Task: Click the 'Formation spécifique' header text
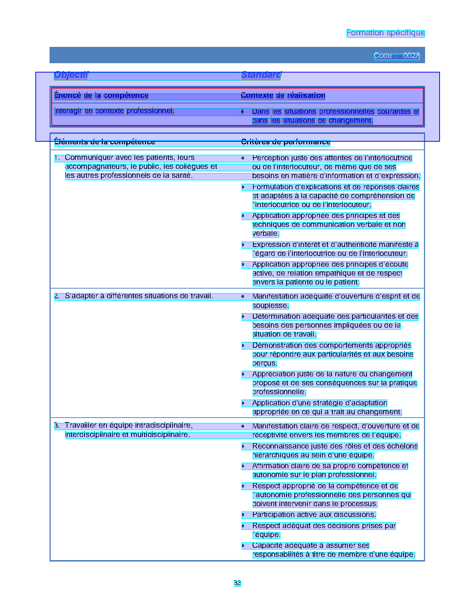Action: (x=385, y=33)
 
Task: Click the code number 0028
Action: (x=411, y=56)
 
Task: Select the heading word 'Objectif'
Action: (x=71, y=75)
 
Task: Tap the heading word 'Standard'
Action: (x=261, y=75)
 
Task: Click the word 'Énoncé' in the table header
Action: (x=67, y=96)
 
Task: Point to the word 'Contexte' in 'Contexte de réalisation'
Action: (x=257, y=96)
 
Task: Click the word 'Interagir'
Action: (x=68, y=111)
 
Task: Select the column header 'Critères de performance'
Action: (x=285, y=142)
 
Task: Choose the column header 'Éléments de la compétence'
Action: (x=104, y=142)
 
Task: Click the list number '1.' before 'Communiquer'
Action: (x=57, y=158)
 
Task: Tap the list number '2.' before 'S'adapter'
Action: (x=57, y=296)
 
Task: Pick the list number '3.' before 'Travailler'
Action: (x=57, y=425)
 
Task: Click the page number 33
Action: (x=237, y=583)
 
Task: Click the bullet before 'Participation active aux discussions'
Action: (x=243, y=515)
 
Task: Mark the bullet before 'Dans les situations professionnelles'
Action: (x=243, y=112)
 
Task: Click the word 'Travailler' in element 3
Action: (x=80, y=425)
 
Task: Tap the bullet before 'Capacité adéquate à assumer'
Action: (x=243, y=546)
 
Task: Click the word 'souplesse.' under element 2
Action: (x=270, y=306)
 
